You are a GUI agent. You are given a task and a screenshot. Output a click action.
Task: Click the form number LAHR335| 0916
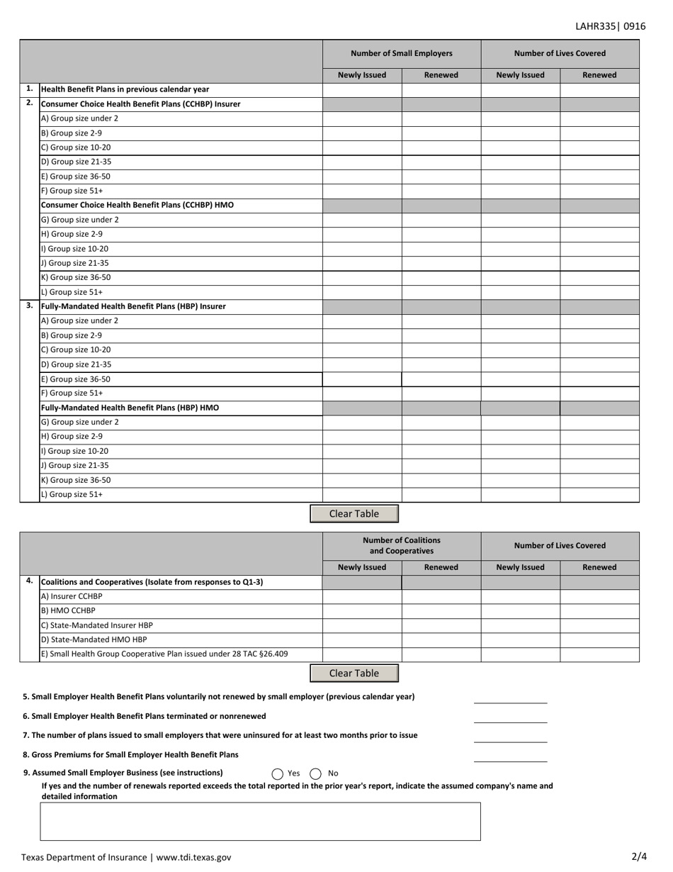point(610,26)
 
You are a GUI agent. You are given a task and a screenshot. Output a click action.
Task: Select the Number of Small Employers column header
point(401,53)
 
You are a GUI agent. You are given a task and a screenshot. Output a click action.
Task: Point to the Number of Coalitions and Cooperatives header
point(401,545)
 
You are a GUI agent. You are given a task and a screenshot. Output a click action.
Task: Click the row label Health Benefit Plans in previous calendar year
point(125,89)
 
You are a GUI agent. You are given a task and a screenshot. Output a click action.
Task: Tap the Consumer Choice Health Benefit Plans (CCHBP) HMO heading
point(137,205)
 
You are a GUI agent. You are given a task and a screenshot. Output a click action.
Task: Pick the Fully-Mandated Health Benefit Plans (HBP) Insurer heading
point(134,306)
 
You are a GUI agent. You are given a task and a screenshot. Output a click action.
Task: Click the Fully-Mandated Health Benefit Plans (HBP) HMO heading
point(130,408)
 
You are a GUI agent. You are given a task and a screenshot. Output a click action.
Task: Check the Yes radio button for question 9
point(278,774)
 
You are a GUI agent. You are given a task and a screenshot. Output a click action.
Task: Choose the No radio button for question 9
point(316,774)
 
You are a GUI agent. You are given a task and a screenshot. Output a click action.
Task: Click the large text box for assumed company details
point(260,821)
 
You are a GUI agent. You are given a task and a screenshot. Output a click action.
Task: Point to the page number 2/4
point(639,856)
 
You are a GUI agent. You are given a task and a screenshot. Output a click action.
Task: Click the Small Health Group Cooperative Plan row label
point(164,654)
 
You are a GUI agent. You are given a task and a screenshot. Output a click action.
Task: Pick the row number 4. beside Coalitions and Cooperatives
point(29,581)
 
